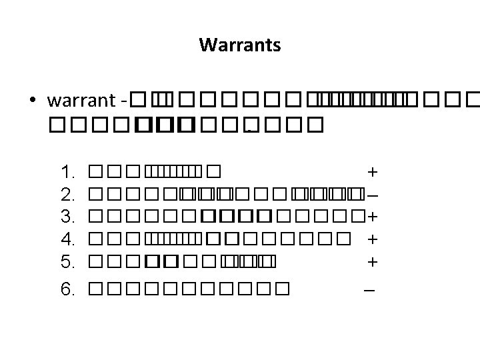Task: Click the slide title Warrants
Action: click(x=239, y=46)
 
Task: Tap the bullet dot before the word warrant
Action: click(x=33, y=101)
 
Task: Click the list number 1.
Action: click(x=68, y=172)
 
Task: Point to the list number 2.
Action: click(x=68, y=195)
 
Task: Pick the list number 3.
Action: click(x=68, y=217)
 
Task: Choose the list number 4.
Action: click(x=68, y=239)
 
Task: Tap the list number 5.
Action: click(x=68, y=261)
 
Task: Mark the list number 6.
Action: click(x=68, y=289)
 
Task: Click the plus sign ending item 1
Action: click(x=373, y=172)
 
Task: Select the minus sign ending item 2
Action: click(x=373, y=195)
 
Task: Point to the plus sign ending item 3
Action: click(x=373, y=217)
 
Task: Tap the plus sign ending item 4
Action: click(x=373, y=239)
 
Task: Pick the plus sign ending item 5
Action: click(x=373, y=261)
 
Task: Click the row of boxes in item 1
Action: click(x=153, y=172)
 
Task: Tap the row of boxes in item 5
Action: click(x=181, y=261)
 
